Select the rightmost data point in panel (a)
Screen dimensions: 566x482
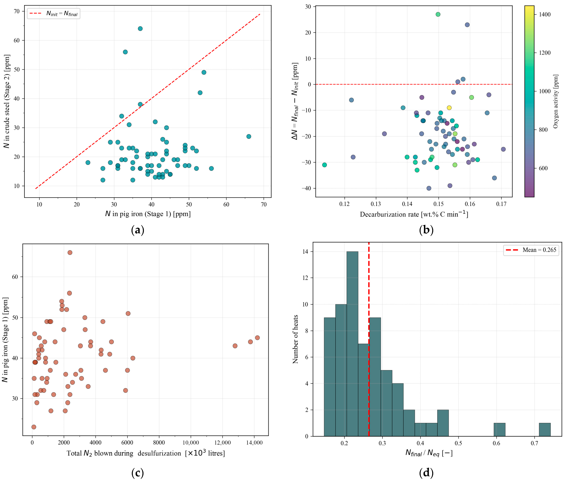point(248,136)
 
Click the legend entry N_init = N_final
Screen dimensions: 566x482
point(53,13)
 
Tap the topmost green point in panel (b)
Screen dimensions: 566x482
point(438,14)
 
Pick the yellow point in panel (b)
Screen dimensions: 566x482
point(449,108)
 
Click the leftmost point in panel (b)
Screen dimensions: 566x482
point(324,165)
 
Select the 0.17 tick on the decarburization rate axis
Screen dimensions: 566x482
point(501,204)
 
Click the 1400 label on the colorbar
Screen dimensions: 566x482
point(544,14)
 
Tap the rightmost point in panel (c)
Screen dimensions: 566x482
point(257,338)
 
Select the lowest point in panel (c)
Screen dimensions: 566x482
point(34,427)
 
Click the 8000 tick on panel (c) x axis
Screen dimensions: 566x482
point(159,442)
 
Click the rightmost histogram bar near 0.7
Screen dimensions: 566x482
point(544,430)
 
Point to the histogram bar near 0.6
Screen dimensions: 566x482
point(499,430)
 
